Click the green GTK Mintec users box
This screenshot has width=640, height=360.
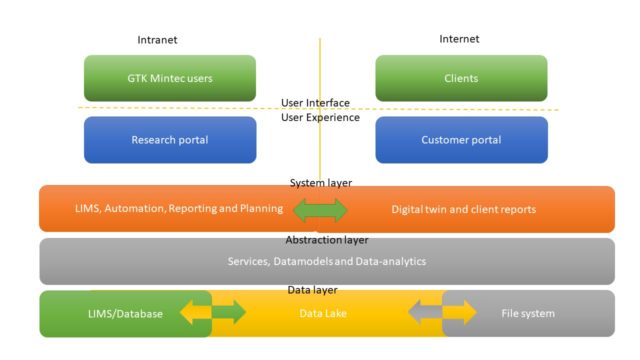(169, 78)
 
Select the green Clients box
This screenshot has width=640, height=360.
(461, 78)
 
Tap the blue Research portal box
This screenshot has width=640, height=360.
(169, 140)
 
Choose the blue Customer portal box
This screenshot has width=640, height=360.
(461, 140)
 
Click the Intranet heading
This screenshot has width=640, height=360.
(157, 40)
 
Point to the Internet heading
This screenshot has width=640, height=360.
(459, 39)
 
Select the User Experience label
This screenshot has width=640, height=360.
(320, 117)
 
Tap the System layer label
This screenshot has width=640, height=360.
(320, 183)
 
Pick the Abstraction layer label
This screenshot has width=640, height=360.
(326, 240)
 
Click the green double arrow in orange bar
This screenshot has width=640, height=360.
(320, 210)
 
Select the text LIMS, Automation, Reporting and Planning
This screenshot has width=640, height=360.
(178, 210)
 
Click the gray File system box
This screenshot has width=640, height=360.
(526, 314)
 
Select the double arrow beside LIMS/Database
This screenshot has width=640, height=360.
(212, 314)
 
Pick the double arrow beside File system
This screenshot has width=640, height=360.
(443, 314)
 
